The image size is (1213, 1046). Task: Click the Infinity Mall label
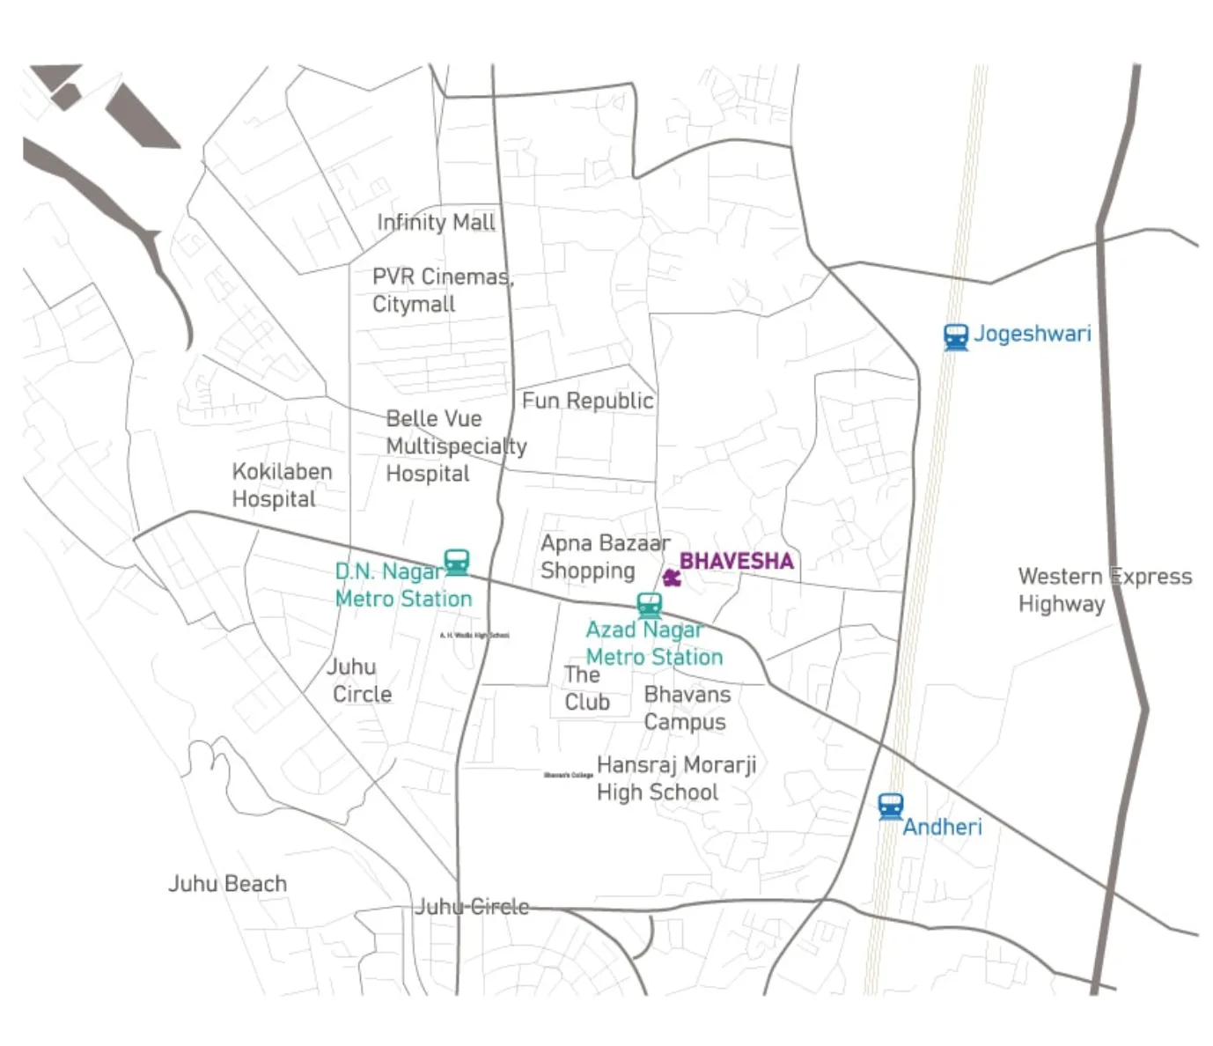(x=436, y=223)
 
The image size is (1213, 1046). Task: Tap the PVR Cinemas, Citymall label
(x=442, y=291)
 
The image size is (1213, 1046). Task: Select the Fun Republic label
(x=587, y=401)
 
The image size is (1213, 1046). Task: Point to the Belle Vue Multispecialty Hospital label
(x=455, y=446)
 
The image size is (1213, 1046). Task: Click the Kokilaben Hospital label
(x=282, y=485)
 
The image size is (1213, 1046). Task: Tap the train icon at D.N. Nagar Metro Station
(x=456, y=562)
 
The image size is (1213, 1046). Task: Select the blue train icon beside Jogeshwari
(x=956, y=336)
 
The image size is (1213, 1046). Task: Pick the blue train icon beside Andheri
(x=891, y=806)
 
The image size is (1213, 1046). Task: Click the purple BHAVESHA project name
(x=736, y=561)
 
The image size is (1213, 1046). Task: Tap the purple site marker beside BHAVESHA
(x=672, y=578)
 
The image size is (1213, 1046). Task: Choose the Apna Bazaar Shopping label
(x=605, y=556)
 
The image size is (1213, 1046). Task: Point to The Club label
(x=586, y=689)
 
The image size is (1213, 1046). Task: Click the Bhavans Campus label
(x=687, y=708)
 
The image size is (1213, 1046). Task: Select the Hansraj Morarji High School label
(x=676, y=778)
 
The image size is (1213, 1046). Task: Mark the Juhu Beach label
(x=227, y=884)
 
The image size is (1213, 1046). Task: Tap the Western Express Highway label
(x=1104, y=590)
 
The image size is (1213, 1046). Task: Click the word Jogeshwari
(x=1032, y=335)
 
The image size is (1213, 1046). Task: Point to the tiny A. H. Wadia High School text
(x=474, y=635)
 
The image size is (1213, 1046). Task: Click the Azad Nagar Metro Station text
(x=653, y=644)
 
